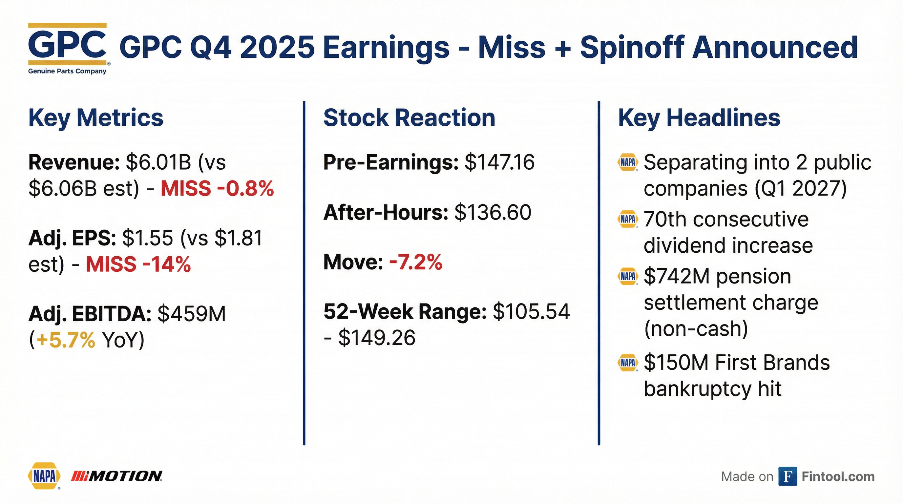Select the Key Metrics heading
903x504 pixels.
tap(96, 118)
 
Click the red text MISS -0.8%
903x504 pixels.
tap(217, 189)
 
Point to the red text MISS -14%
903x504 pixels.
tap(138, 264)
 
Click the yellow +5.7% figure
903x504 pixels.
tap(66, 340)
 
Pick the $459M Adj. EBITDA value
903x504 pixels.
tap(192, 314)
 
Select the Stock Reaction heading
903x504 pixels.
tap(409, 118)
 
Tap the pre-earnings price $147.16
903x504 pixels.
tap(499, 162)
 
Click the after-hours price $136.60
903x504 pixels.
tap(493, 212)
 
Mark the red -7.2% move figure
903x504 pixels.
tap(416, 262)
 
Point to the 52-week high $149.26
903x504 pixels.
tap(377, 338)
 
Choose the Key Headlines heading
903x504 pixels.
tap(699, 118)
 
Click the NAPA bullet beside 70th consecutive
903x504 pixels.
tap(627, 220)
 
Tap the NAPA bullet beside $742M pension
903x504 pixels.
tap(627, 277)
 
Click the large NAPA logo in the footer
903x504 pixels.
tap(44, 476)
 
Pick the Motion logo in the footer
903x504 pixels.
tap(117, 476)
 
